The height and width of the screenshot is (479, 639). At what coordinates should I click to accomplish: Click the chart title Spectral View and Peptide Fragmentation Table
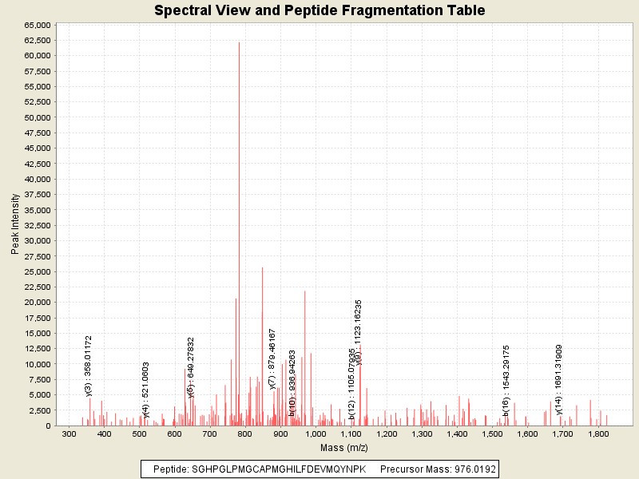319,10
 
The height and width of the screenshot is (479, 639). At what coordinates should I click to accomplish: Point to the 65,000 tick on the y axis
37,25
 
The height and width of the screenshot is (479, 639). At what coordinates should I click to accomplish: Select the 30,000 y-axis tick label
37,240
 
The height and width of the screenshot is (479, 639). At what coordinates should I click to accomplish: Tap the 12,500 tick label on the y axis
37,348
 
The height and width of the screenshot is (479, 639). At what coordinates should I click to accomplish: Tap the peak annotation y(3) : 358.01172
89,366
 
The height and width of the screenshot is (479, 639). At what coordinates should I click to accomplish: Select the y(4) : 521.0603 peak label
146,390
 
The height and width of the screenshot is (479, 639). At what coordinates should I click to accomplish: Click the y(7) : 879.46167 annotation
272,358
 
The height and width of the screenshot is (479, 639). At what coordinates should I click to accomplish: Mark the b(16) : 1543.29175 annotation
506,381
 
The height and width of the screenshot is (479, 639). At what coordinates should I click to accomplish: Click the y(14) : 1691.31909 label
559,380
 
